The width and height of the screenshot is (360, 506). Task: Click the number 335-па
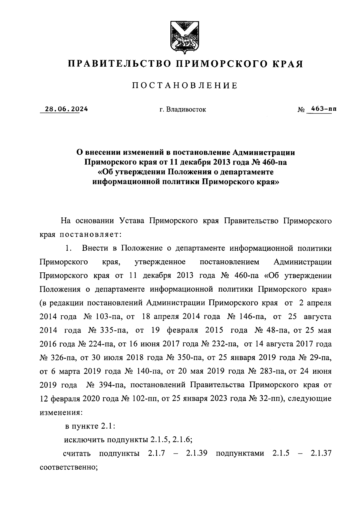click(x=112, y=330)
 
